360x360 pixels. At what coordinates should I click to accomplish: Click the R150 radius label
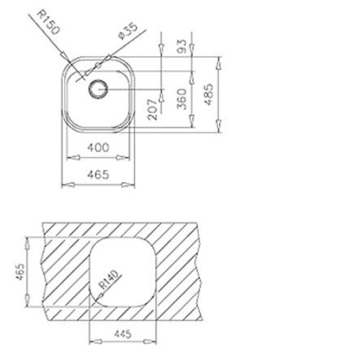point(48,22)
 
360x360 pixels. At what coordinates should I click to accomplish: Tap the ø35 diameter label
point(128,31)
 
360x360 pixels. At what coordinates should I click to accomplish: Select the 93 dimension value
point(182,46)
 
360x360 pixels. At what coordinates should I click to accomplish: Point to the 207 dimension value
point(153,109)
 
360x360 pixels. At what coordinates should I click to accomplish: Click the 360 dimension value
point(182,99)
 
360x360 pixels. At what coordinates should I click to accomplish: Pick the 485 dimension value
point(209,94)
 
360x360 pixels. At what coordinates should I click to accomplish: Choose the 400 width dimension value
point(98,147)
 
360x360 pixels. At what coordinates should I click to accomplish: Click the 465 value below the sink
point(98,174)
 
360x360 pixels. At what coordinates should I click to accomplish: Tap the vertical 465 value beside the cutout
point(20,271)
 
